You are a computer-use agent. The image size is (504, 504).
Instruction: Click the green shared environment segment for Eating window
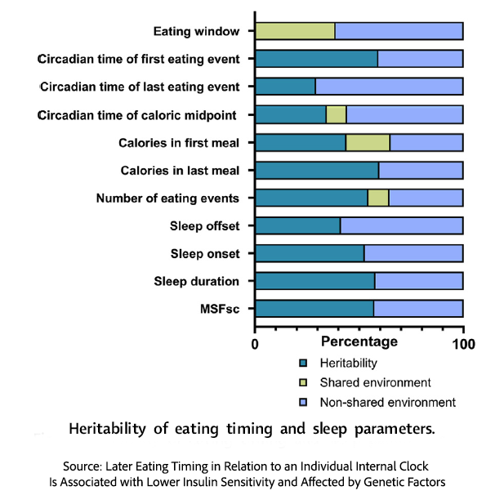coord(295,32)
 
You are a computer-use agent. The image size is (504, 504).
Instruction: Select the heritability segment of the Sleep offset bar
coord(297,225)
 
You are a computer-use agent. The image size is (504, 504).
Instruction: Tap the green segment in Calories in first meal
coord(368,143)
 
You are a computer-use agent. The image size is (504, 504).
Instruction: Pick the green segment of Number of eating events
coord(377,198)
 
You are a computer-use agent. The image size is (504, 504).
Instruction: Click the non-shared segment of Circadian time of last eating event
coord(389,87)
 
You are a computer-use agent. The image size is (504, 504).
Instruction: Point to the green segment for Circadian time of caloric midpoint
coord(336,114)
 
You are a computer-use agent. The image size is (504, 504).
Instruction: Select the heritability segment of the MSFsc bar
coord(314,309)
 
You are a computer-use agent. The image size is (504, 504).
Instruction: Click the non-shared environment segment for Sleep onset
coord(413,253)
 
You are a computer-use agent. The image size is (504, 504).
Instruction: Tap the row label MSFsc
coord(219,309)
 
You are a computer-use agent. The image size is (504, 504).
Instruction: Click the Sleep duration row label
coord(196,282)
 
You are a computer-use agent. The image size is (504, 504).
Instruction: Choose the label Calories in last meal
coord(180,171)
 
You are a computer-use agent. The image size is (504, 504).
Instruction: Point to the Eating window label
coord(196,32)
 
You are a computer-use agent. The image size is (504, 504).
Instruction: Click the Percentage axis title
coord(360,341)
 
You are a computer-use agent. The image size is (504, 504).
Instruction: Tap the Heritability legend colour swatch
coord(303,363)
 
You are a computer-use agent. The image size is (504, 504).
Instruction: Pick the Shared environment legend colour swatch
coord(303,382)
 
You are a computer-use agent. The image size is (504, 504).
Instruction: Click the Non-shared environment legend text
coord(387,402)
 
